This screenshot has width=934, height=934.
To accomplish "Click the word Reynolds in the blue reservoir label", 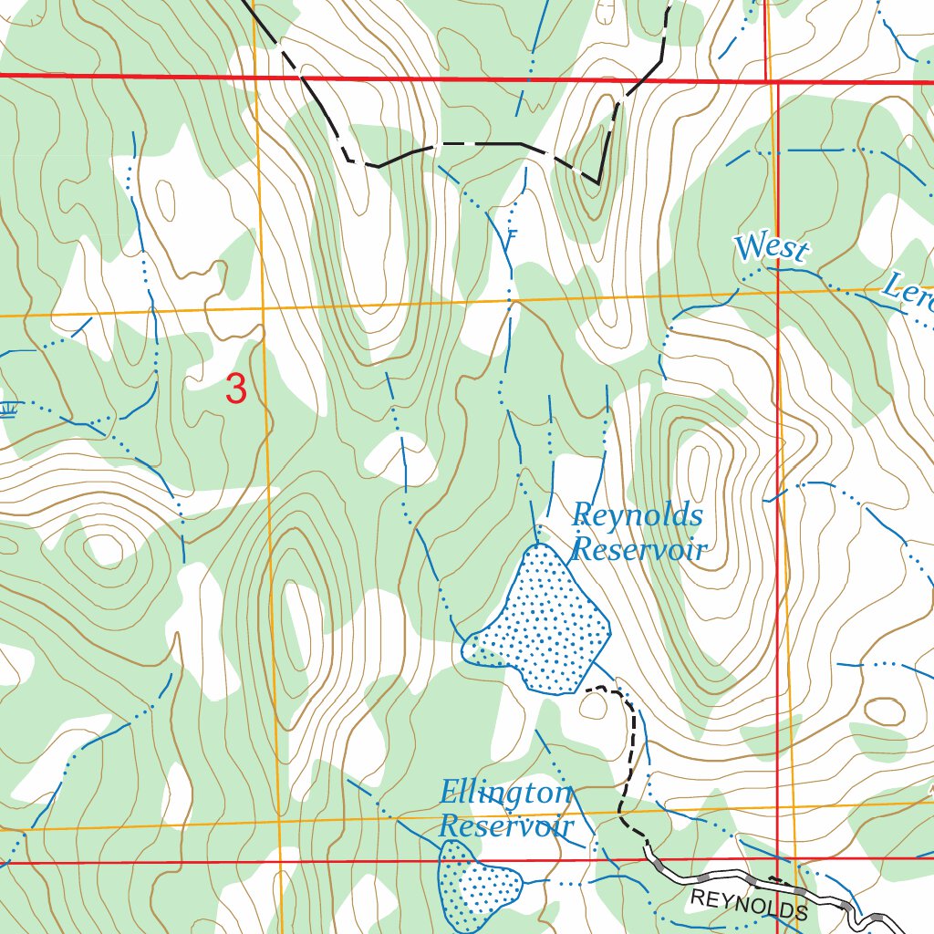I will click(637, 516).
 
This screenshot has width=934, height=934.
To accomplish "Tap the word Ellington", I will click(505, 793).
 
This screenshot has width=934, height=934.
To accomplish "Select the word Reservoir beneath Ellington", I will click(505, 826).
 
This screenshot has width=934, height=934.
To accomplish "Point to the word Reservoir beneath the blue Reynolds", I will click(639, 550).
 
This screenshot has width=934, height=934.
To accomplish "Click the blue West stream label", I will click(771, 248).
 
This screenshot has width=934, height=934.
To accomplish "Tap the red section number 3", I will click(235, 389).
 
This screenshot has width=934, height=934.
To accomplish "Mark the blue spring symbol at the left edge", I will click(9, 407).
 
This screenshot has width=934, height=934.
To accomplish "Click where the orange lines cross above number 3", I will click(263, 310).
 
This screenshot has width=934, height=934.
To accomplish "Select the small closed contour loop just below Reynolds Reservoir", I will click(594, 706).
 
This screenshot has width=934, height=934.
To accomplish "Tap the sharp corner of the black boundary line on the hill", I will click(597, 183).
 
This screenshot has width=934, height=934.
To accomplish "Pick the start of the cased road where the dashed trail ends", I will click(649, 849).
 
